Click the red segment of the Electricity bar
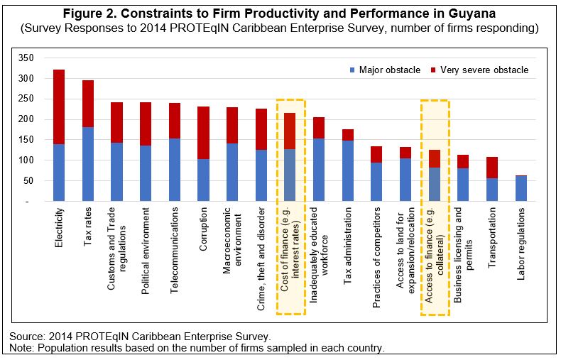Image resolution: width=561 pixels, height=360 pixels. [x=59, y=107]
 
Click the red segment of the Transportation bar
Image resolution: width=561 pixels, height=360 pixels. [x=491, y=168]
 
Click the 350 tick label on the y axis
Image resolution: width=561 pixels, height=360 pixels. [x=26, y=58]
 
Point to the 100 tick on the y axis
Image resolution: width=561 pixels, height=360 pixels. [x=26, y=161]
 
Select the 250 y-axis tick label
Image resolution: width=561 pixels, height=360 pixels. [x=26, y=99]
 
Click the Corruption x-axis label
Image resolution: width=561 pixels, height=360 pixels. [x=204, y=228]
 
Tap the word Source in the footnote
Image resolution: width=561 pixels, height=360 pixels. [x=26, y=335]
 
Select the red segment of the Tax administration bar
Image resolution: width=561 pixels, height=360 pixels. [x=348, y=135]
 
